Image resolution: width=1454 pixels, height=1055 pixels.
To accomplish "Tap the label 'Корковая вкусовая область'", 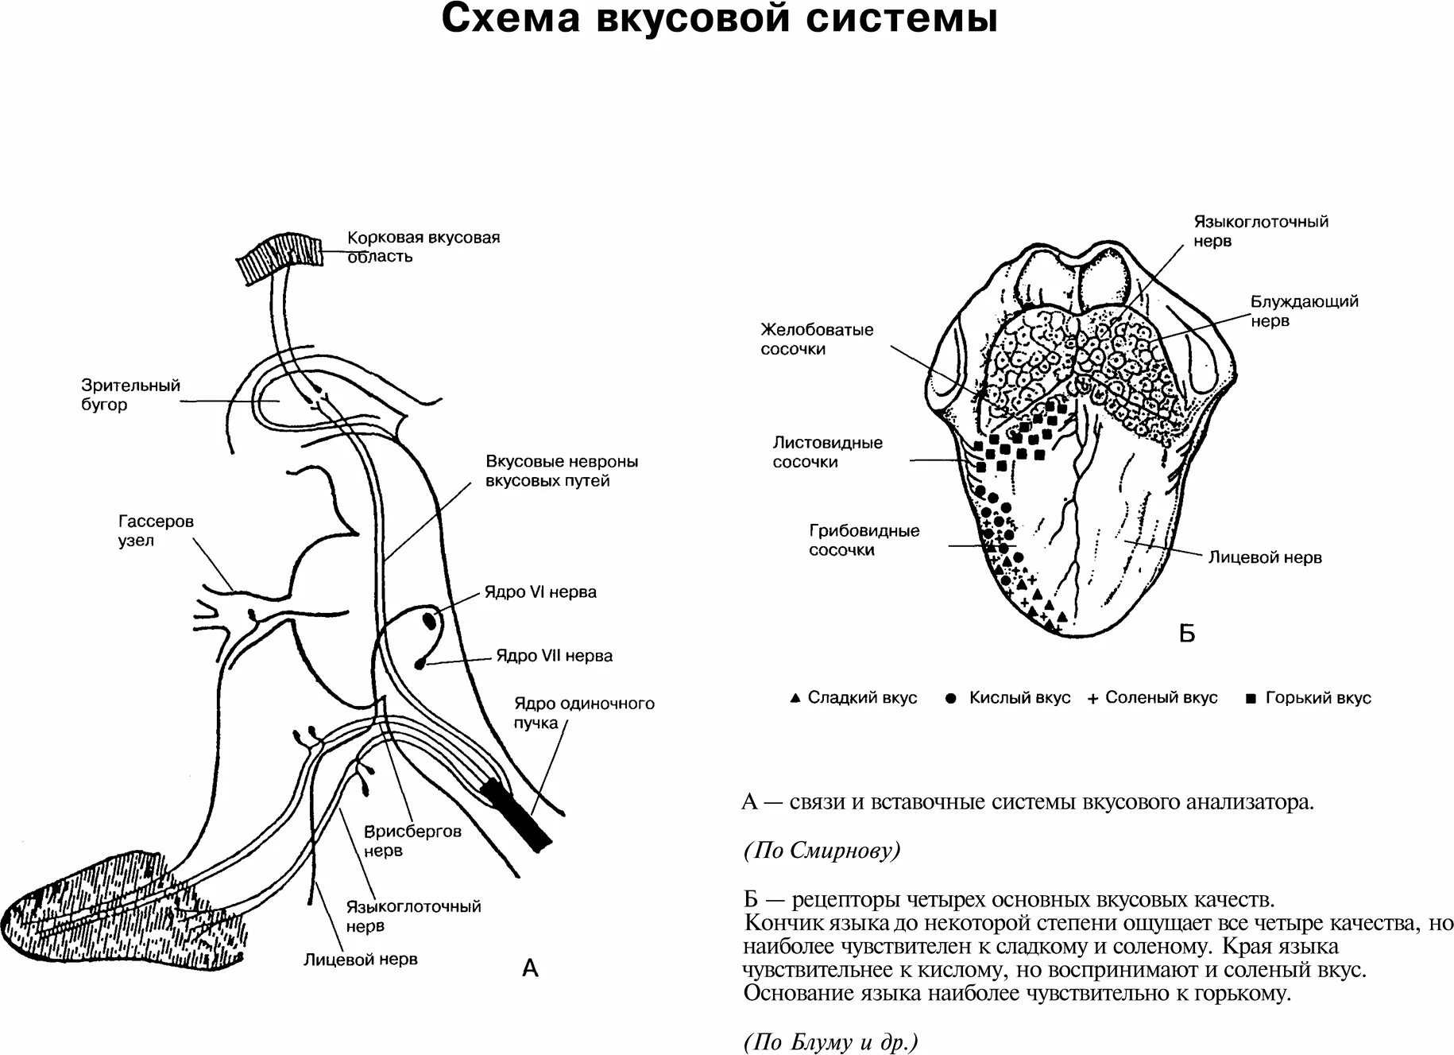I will click(423, 246).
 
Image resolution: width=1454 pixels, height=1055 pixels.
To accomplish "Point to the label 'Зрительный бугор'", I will click(130, 395).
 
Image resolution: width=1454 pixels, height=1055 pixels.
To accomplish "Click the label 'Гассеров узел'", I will click(156, 531).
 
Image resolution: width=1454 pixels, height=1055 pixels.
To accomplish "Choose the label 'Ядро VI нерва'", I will click(540, 592).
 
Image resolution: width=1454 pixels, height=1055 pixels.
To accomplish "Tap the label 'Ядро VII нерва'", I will click(554, 656).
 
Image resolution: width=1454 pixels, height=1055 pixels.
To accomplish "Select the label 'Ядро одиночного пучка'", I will click(583, 713).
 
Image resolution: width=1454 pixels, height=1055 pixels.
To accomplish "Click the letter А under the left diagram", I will click(530, 968).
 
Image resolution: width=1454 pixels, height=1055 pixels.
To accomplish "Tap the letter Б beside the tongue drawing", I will click(1186, 634).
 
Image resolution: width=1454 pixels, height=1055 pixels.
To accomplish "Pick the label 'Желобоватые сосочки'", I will click(817, 339).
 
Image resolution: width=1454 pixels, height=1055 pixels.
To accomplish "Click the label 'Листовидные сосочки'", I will click(827, 452).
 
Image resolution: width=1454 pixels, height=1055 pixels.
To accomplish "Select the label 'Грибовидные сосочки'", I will click(864, 540).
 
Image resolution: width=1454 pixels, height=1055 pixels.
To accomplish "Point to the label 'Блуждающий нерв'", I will click(1304, 311).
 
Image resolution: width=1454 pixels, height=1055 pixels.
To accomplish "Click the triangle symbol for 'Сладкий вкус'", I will click(795, 698).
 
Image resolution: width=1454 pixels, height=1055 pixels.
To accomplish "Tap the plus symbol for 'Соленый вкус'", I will click(1092, 699).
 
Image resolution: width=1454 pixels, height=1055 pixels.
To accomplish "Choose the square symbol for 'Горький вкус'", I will click(1251, 699).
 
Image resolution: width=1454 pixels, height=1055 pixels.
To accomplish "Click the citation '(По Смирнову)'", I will click(822, 851).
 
